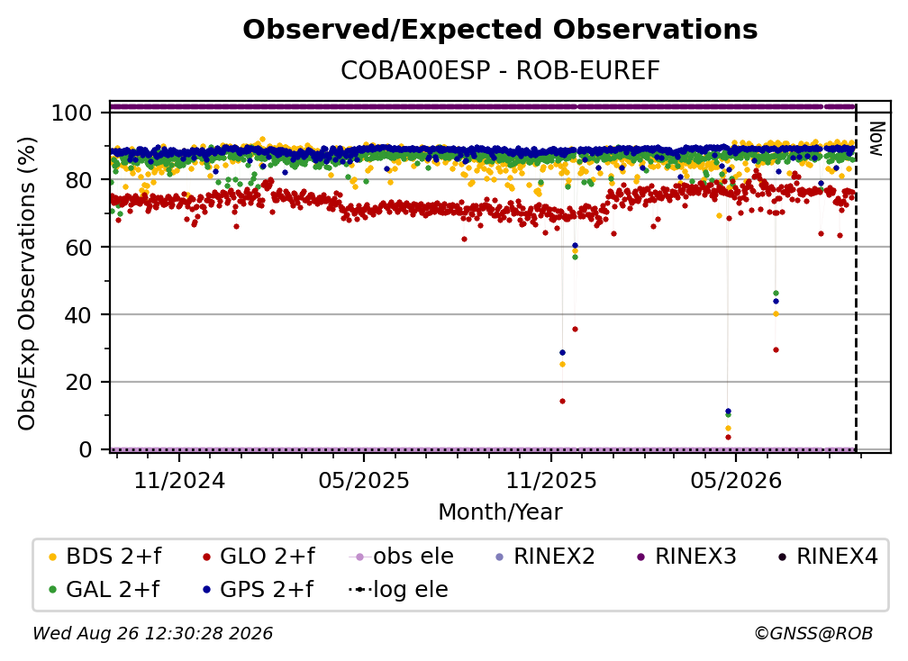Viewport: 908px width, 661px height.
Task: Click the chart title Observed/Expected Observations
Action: pos(500,30)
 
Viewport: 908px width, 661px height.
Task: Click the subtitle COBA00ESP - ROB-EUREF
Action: pos(500,70)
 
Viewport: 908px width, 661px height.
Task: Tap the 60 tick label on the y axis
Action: pos(78,247)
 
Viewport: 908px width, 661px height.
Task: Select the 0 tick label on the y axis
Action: pos(86,449)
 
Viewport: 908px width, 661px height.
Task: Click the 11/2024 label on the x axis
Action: pos(179,480)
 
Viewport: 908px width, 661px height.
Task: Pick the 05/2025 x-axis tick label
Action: pos(364,480)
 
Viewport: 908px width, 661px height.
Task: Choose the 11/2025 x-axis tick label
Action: pos(550,480)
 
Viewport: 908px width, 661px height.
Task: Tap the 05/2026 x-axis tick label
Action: pos(735,480)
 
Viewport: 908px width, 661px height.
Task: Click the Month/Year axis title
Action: pos(500,512)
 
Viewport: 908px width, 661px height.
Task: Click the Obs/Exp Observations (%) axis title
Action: pos(27,284)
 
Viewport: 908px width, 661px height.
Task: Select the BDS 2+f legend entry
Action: pos(104,557)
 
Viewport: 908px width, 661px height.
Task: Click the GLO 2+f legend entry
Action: pos(259,557)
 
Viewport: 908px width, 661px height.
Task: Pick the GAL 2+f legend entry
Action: pos(104,589)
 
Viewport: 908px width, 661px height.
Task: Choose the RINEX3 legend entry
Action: pos(686,557)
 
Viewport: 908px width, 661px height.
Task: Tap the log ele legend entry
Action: pos(398,589)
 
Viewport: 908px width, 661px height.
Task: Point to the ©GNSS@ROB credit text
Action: pos(813,633)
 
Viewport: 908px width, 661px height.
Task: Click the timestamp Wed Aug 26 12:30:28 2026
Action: pos(152,633)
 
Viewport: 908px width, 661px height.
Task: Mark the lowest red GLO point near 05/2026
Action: pos(728,437)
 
